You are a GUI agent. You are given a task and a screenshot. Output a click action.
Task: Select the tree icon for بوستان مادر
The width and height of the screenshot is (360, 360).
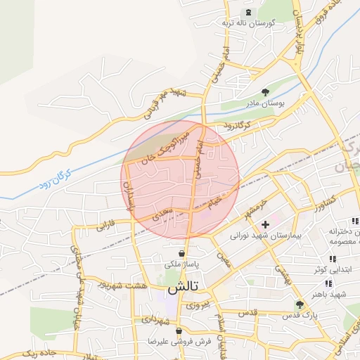tap(266, 93)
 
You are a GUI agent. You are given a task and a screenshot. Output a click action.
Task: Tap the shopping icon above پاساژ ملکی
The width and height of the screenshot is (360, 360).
tap(182, 253)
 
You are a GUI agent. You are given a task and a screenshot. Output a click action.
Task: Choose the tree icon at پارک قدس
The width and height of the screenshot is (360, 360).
tap(301, 304)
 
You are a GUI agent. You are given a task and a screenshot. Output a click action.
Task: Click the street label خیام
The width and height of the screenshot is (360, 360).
tap(214, 201)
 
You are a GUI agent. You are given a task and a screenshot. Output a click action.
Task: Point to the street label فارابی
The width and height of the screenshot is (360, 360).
tap(105, 226)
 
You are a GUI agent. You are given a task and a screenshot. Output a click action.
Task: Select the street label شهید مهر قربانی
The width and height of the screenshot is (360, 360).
tap(162, 103)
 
